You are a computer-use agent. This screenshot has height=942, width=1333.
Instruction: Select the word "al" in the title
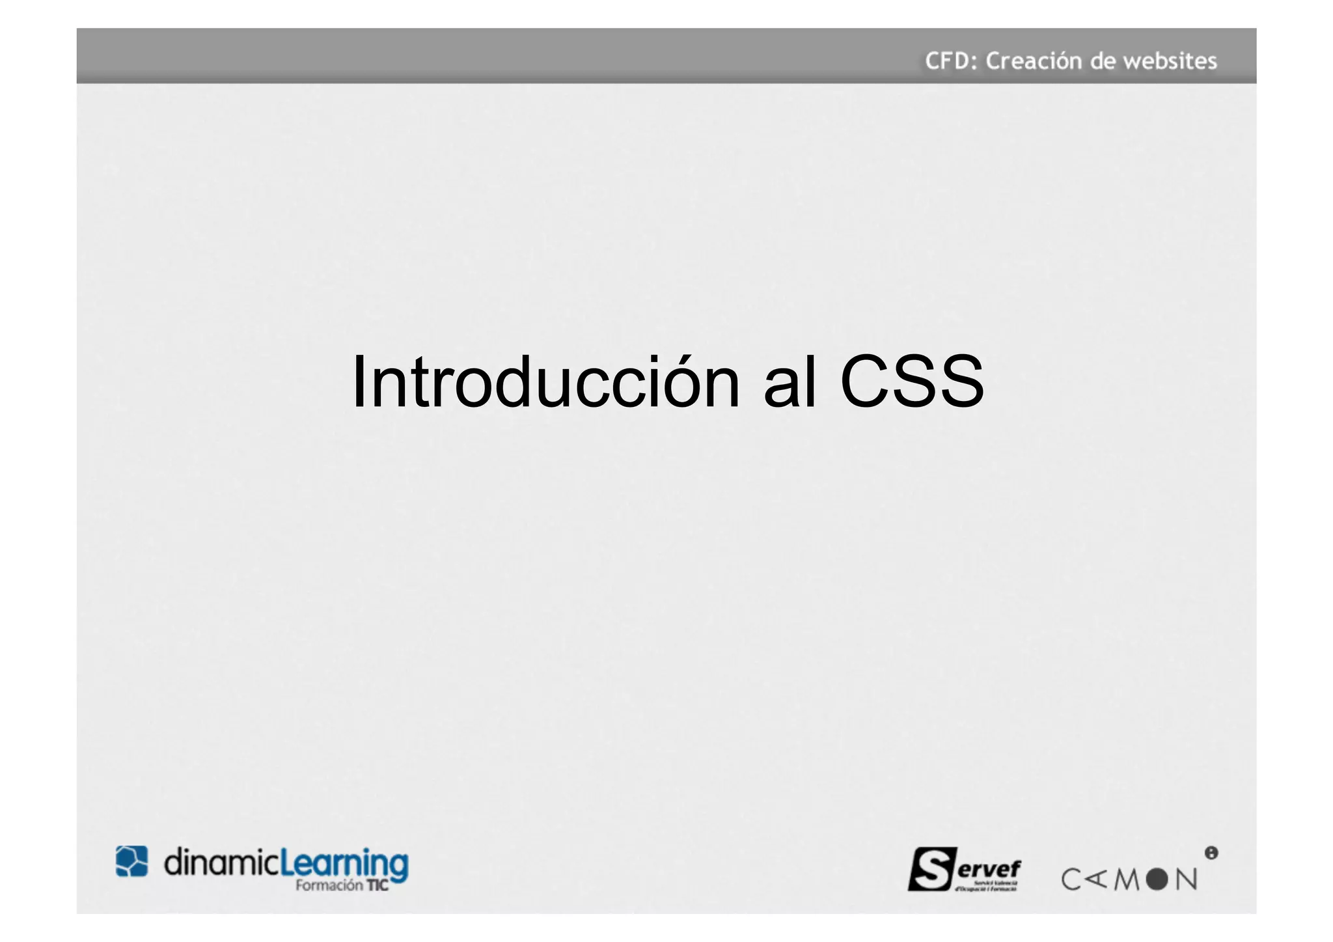[790, 382]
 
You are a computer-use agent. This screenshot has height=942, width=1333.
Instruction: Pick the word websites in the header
[1170, 61]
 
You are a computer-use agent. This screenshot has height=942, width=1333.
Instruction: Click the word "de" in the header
[1103, 61]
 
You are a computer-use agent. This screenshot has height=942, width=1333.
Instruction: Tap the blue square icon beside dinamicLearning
[131, 861]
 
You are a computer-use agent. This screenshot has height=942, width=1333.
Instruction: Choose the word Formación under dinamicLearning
[329, 885]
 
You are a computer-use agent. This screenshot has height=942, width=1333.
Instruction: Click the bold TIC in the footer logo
[378, 885]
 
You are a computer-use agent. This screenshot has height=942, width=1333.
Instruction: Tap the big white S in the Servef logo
[933, 869]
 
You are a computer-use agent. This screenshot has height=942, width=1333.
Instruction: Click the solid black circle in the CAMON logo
[1157, 880]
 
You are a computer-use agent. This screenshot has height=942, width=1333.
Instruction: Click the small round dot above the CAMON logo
[1211, 853]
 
